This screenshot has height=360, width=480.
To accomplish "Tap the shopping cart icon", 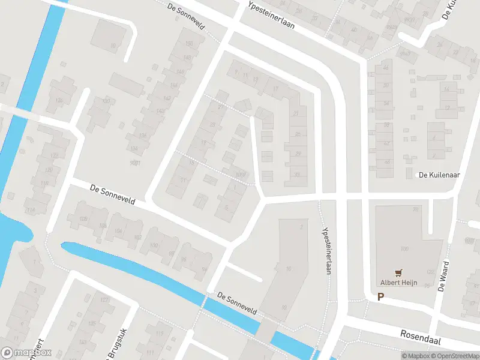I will (397, 272).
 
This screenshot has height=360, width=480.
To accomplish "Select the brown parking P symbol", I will (380, 296).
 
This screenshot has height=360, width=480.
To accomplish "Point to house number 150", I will (189, 43).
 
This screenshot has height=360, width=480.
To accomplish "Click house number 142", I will (160, 111).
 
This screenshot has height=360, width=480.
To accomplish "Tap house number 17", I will (276, 89).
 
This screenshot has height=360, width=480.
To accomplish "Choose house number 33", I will (297, 175).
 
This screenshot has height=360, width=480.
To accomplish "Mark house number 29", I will (298, 154).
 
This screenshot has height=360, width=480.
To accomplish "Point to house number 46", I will (386, 68).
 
